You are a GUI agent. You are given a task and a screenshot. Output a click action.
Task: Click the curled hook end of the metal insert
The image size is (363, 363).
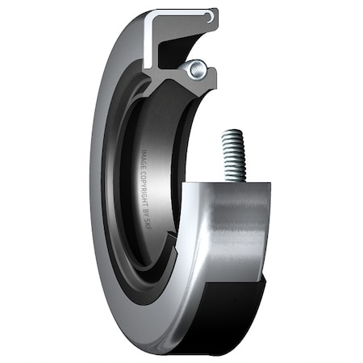[x=211, y=16]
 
